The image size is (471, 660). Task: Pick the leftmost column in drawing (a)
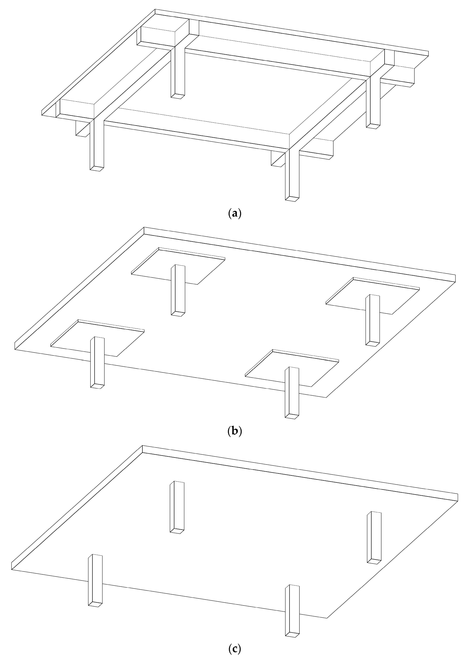[x=97, y=145]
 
